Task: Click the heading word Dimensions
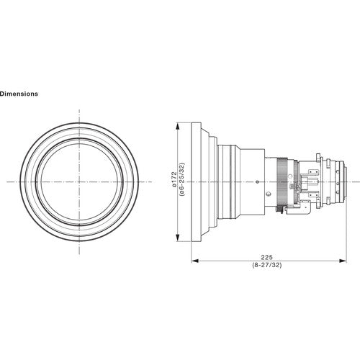click(19, 94)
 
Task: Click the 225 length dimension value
click(267, 257)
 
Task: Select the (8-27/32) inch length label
click(267, 265)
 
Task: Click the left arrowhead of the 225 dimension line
click(195, 261)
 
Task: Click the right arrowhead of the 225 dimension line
click(343, 261)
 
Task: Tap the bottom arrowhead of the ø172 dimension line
click(178, 238)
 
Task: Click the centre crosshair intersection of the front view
click(79, 181)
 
